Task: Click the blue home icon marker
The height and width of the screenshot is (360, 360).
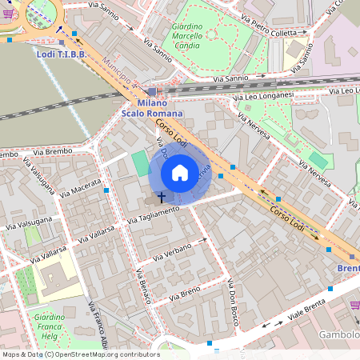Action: pyautogui.click(x=180, y=172)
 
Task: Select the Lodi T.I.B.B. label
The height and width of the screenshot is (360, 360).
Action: pyautogui.click(x=62, y=54)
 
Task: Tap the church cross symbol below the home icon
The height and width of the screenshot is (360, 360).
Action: pyautogui.click(x=161, y=196)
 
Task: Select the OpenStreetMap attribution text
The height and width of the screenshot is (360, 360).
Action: pyautogui.click(x=80, y=354)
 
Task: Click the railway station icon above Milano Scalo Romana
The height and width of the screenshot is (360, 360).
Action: pyautogui.click(x=152, y=92)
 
